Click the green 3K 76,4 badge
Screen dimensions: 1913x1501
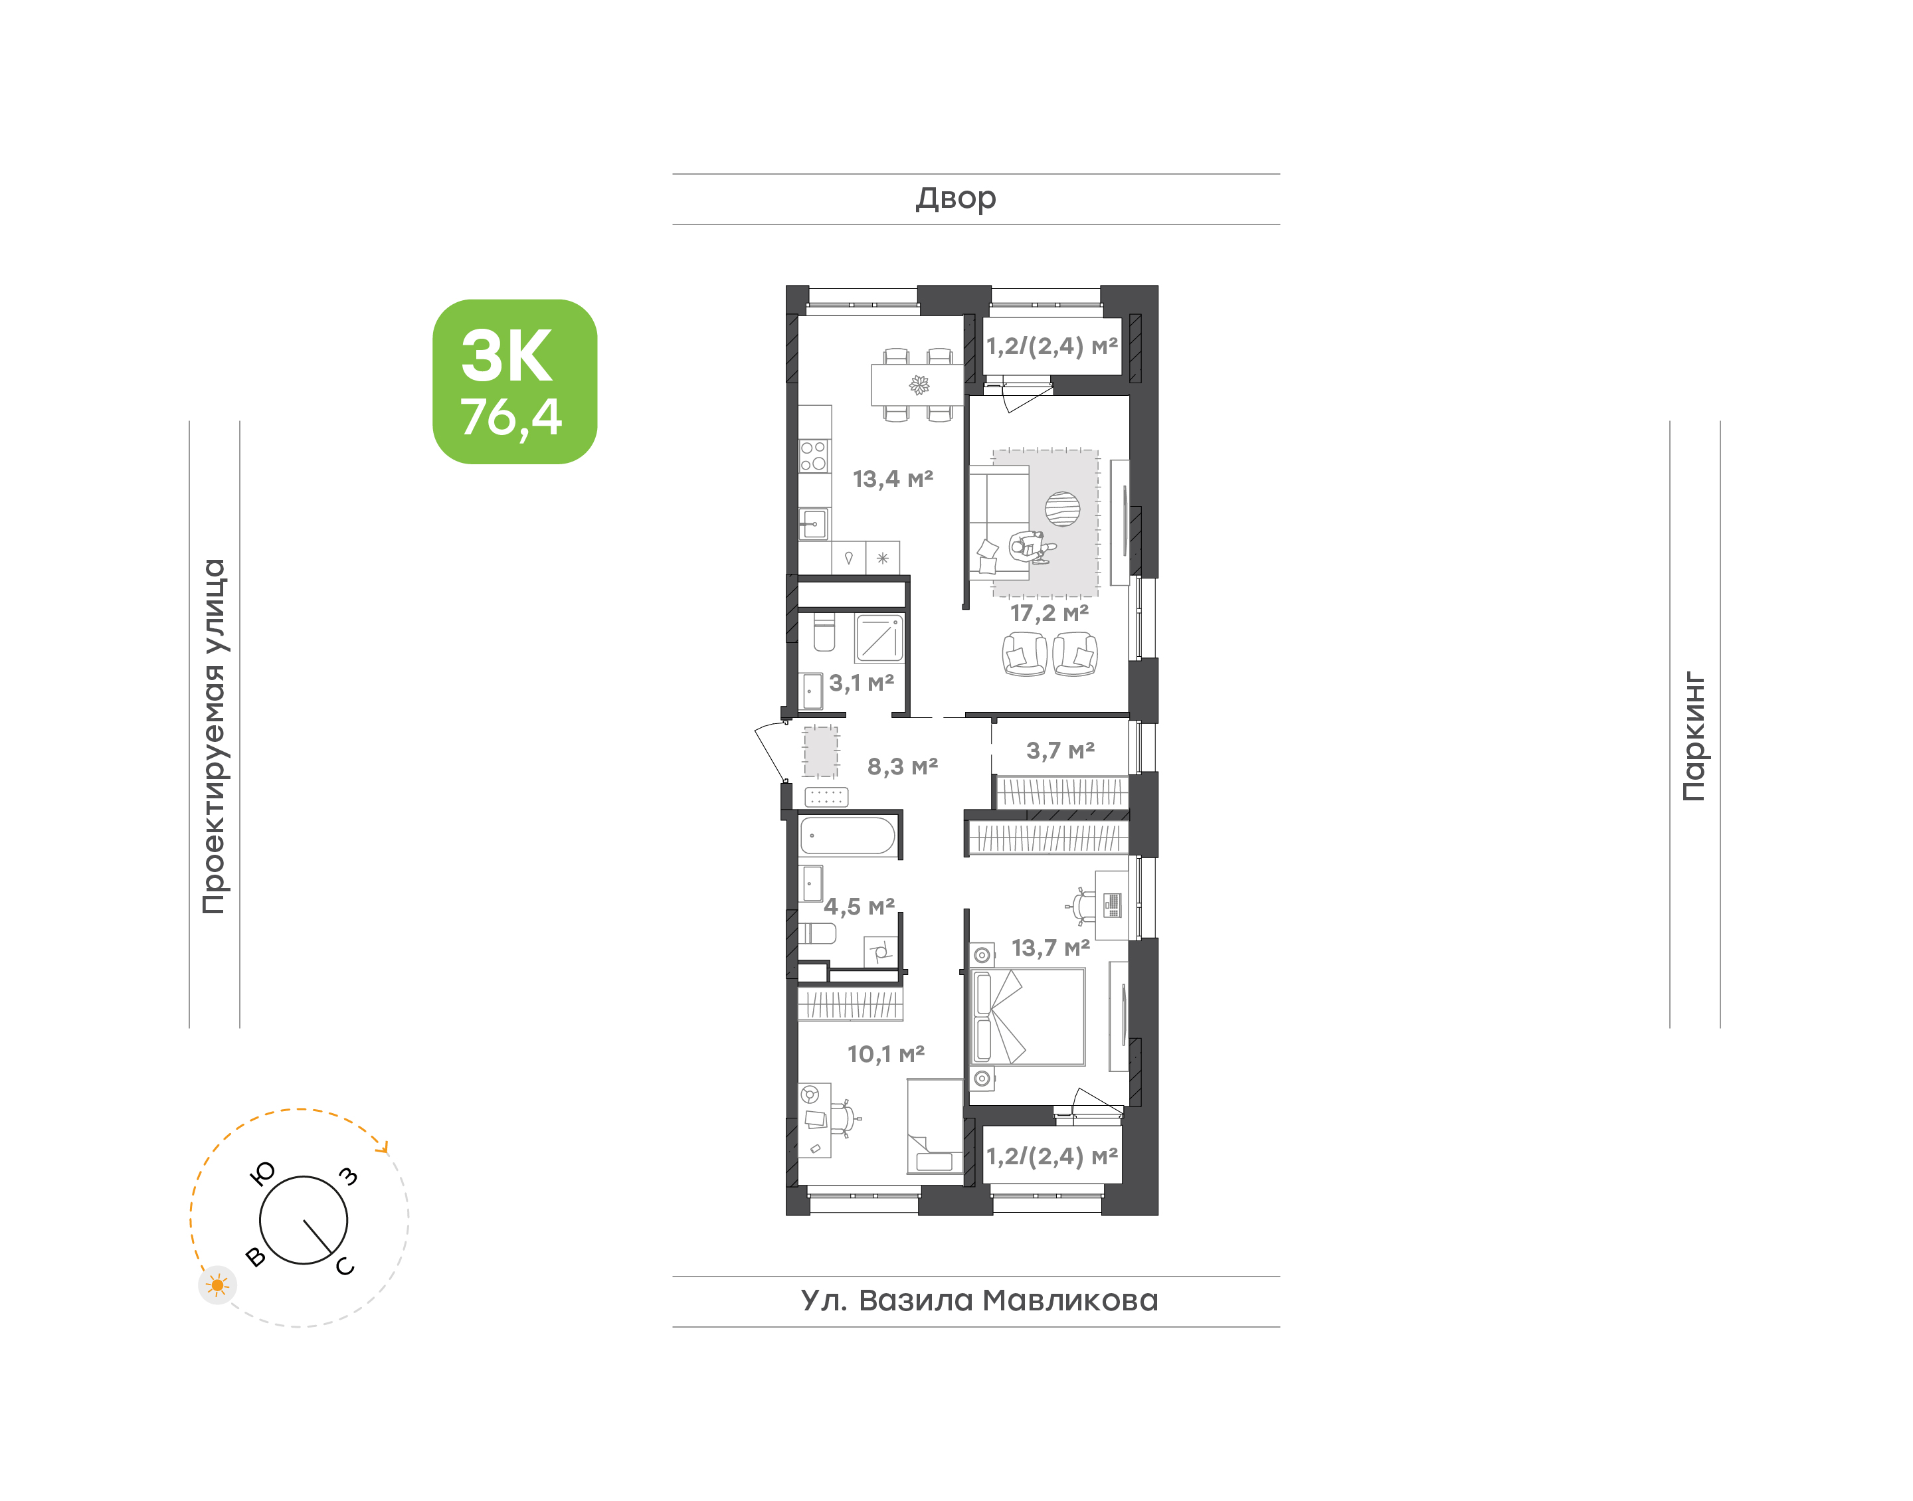(514, 381)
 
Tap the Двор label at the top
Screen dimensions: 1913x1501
(956, 199)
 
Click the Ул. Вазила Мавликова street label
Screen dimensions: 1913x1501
(979, 1300)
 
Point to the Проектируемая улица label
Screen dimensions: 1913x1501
(213, 737)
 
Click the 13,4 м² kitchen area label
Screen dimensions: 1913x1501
(893, 479)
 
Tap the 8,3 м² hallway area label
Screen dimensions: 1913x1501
(903, 766)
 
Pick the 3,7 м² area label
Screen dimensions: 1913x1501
(1061, 750)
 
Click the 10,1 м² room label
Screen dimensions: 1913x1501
(886, 1053)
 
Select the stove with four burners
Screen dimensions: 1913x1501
(814, 456)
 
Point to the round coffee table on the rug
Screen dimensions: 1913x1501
(1062, 509)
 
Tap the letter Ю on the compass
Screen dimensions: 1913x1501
(263, 1173)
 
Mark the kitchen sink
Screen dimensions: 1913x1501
(814, 525)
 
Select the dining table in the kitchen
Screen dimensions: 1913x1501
(917, 385)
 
